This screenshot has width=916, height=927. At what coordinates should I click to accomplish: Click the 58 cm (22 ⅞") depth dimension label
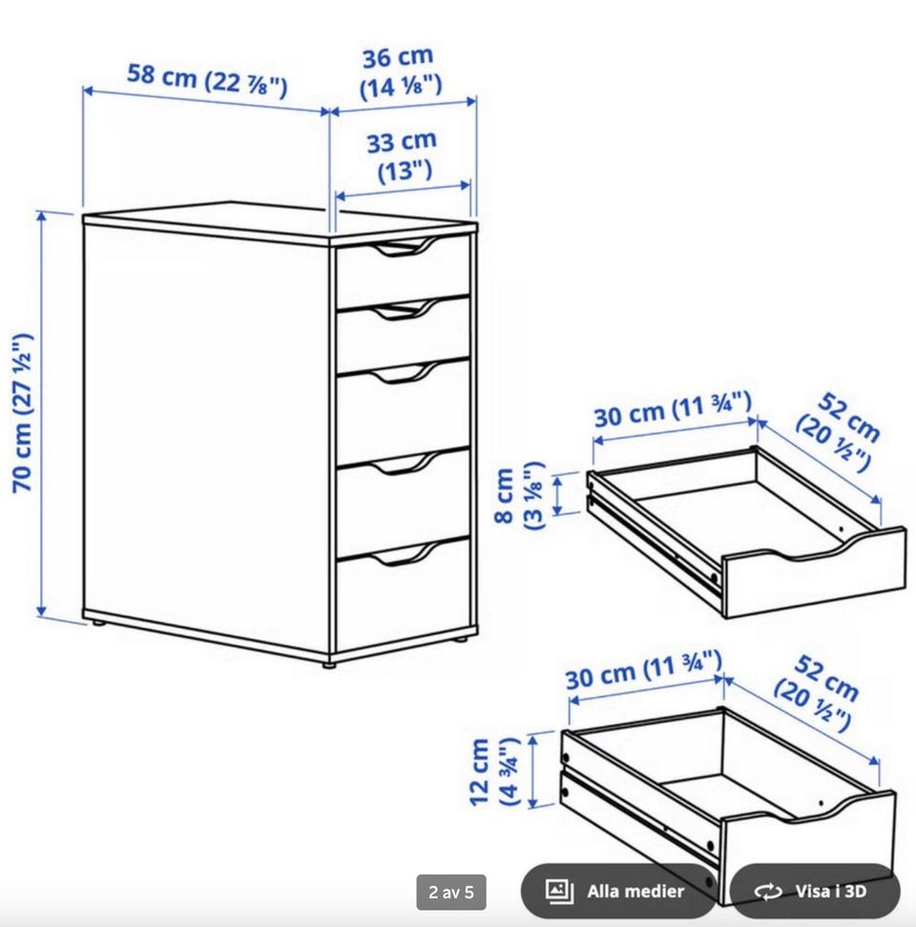click(207, 80)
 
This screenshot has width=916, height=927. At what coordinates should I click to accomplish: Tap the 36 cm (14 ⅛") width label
click(400, 73)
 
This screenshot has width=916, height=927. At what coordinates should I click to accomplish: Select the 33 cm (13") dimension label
click(403, 156)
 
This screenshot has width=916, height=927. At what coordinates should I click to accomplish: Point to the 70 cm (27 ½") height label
click(24, 412)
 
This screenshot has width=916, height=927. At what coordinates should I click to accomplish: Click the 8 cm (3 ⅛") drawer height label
click(518, 495)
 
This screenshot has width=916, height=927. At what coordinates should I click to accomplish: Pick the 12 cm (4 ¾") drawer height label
click(494, 771)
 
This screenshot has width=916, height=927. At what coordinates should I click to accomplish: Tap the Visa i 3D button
click(816, 892)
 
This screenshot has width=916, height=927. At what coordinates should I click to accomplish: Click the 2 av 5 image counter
click(451, 892)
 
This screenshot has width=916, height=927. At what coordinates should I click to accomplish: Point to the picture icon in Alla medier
click(559, 891)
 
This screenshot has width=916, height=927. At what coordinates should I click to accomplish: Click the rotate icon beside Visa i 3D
click(768, 892)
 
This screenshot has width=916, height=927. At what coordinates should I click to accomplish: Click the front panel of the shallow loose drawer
click(814, 576)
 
